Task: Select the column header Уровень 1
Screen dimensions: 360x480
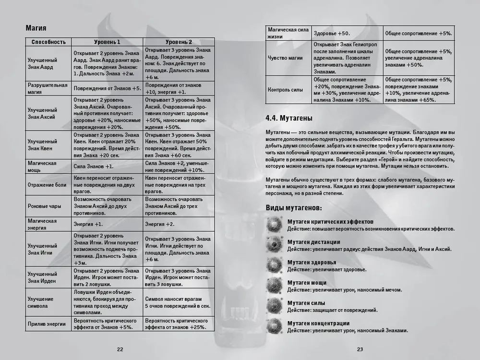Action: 108,42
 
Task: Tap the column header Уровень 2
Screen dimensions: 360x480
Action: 179,42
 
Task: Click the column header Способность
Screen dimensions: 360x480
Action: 48,42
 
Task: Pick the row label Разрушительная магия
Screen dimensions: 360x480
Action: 47,88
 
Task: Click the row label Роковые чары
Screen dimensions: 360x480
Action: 44,206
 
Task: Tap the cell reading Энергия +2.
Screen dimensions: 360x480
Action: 159,224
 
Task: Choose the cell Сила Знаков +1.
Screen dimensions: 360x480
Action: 94,166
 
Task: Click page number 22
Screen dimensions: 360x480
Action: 120,349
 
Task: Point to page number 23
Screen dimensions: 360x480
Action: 360,349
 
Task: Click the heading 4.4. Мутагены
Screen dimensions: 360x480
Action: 289,118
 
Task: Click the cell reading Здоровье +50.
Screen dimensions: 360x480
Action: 332,34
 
